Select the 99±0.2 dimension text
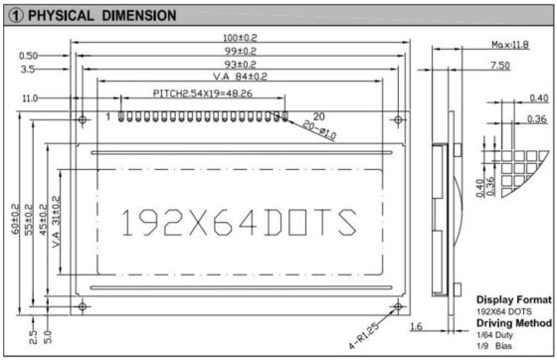(x=237, y=50)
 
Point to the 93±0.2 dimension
(x=237, y=64)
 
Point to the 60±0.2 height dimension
(x=15, y=220)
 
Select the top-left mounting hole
(x=81, y=120)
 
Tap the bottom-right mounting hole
(x=398, y=306)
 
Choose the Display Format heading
(x=513, y=299)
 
